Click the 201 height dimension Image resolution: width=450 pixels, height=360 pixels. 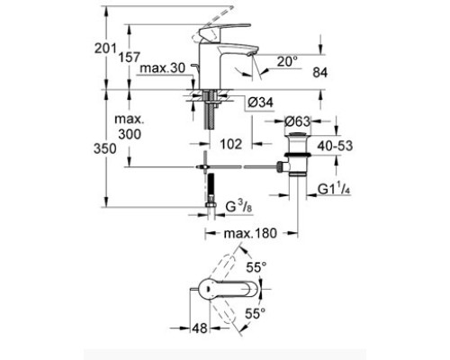(105, 49)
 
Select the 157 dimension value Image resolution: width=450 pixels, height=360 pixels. (130, 58)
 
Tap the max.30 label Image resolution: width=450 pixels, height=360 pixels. (163, 68)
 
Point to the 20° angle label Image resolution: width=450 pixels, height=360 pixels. (287, 62)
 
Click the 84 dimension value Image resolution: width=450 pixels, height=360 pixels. (320, 73)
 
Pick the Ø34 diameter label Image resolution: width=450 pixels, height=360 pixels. (260, 103)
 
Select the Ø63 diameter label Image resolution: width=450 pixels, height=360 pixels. (297, 121)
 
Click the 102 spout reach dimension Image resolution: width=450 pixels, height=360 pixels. (231, 144)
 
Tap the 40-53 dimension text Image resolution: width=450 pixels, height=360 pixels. (335, 146)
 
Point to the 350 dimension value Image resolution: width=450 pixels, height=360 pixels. (104, 148)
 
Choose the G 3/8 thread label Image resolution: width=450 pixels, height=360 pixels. (238, 207)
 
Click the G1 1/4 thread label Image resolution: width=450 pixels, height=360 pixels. (334, 189)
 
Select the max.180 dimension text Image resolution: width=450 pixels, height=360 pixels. (250, 233)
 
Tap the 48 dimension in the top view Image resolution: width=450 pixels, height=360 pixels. (200, 328)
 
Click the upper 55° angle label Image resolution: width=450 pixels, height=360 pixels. (256, 267)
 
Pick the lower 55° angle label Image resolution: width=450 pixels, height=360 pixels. (256, 314)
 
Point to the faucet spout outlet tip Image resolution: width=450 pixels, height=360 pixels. (250, 55)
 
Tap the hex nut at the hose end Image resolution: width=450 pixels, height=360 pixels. (211, 205)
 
